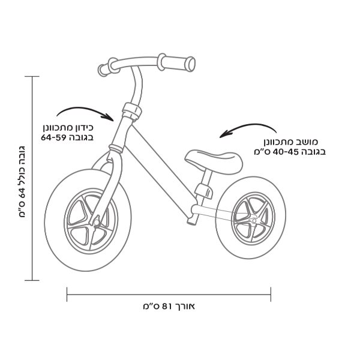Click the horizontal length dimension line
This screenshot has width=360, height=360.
click(169, 294)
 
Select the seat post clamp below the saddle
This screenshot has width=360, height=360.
click(204, 191)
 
